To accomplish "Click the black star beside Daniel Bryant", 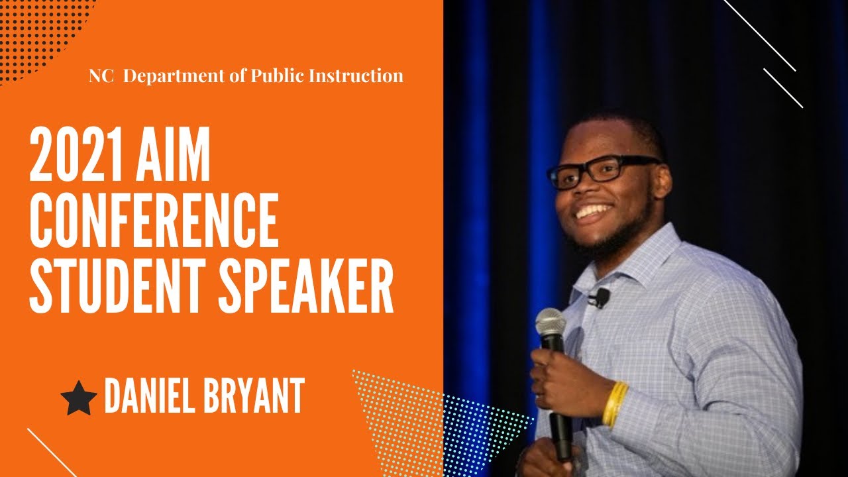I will pyautogui.click(x=79, y=399).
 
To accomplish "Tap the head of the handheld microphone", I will pyautogui.click(x=551, y=323).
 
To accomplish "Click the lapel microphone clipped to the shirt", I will pyautogui.click(x=600, y=297).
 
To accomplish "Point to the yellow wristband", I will pyautogui.click(x=615, y=403).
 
